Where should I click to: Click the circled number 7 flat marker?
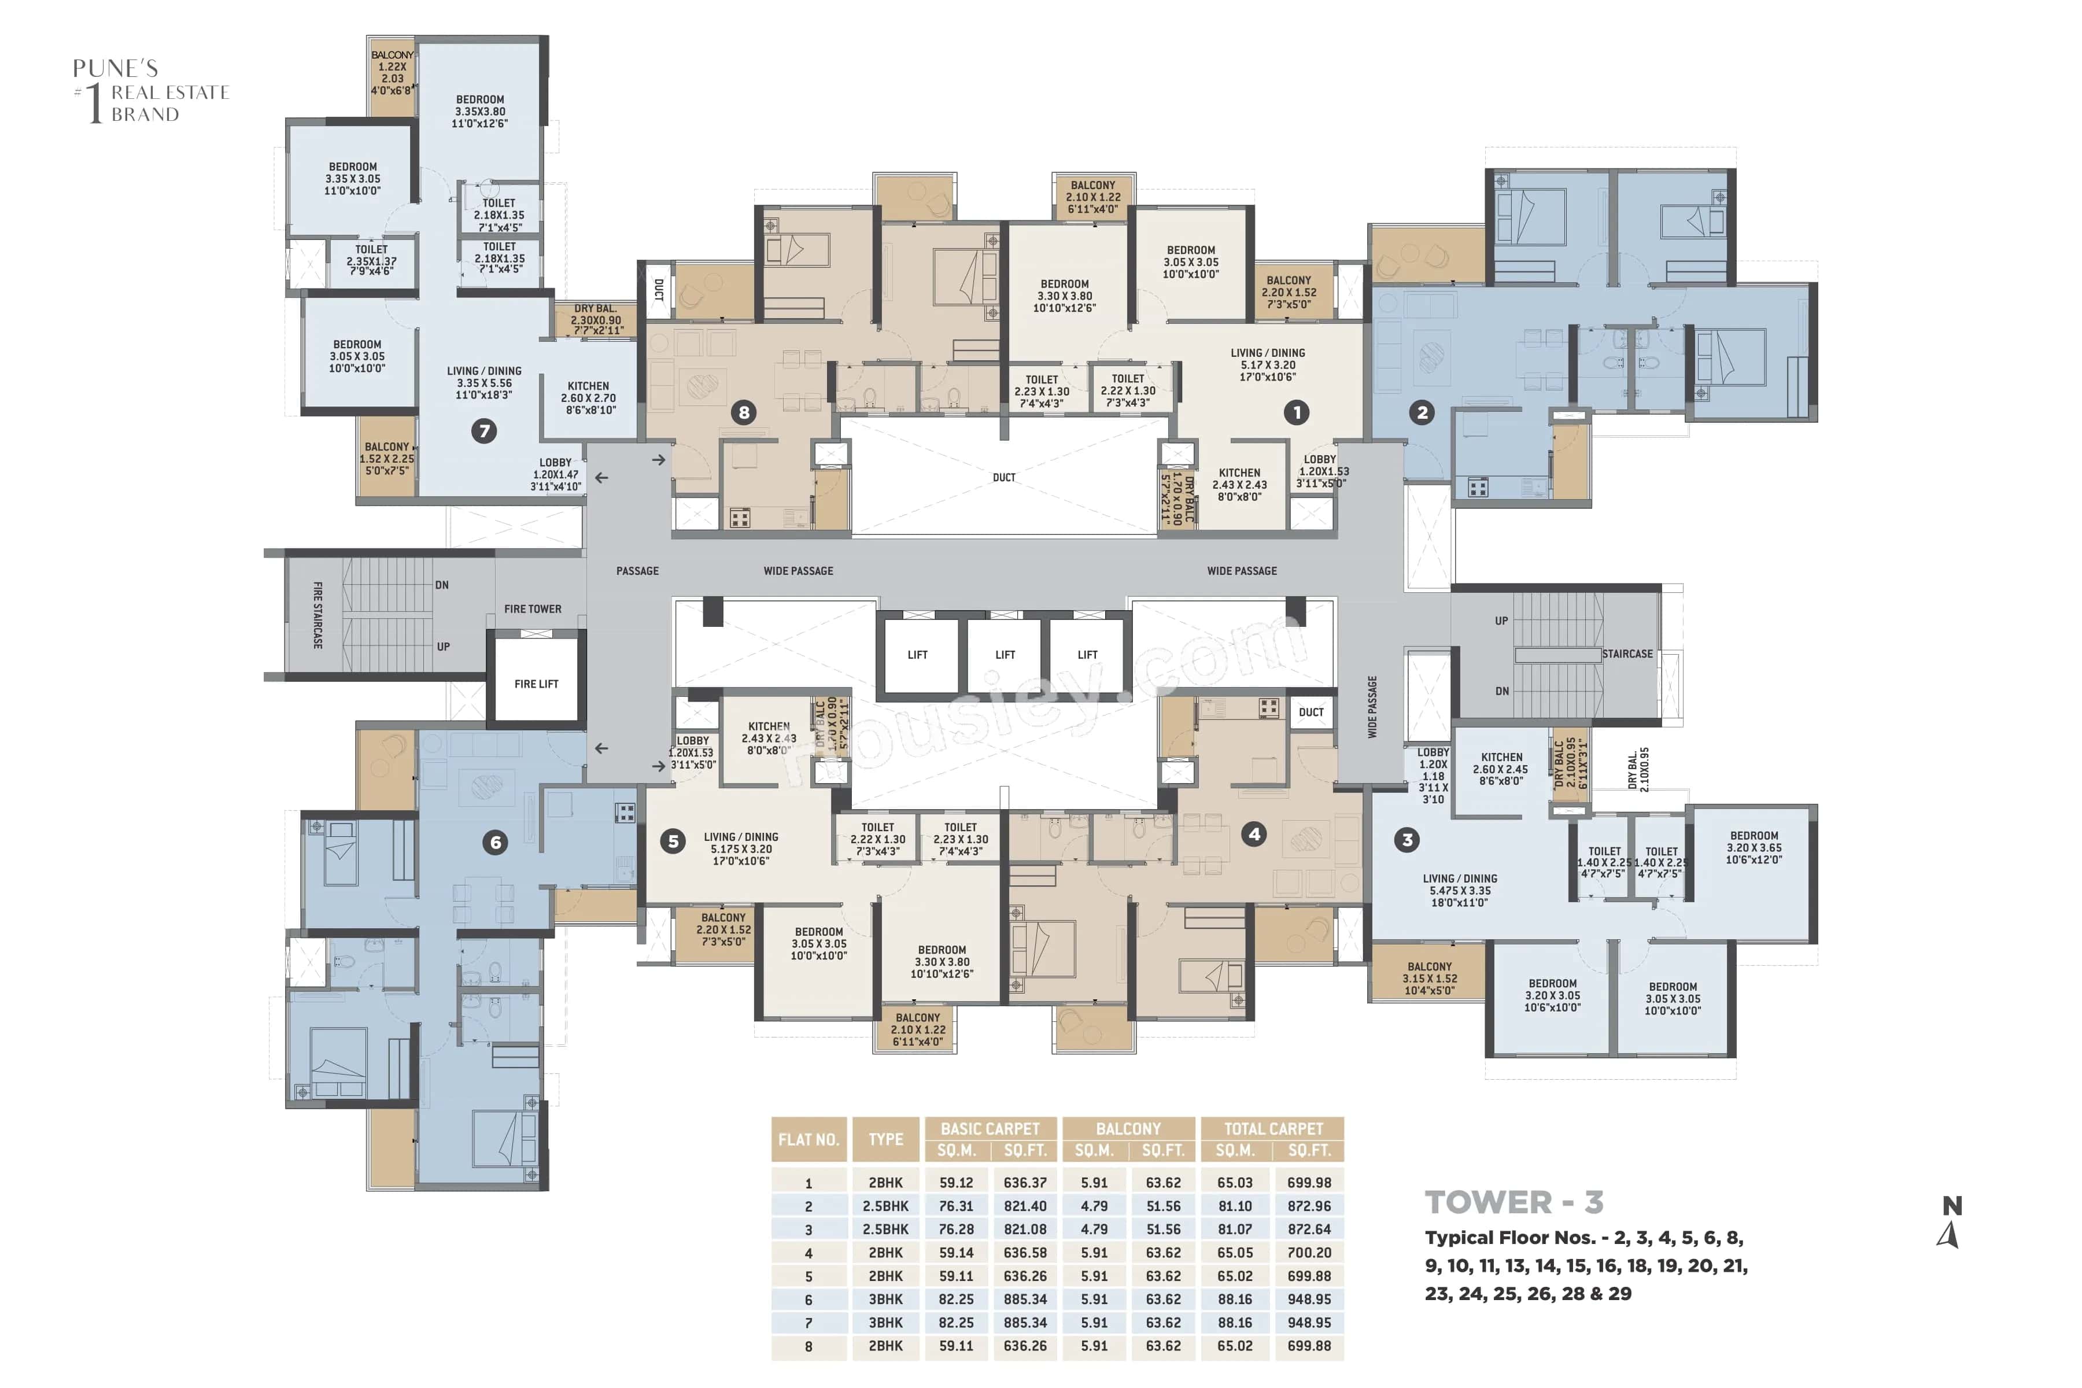tap(483, 431)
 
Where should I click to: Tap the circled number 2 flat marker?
tap(1422, 412)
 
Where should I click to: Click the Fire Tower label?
tap(532, 609)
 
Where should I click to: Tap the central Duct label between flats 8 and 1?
tap(1004, 477)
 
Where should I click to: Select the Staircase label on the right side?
tap(1627, 654)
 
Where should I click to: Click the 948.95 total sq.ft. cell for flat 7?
tap(1308, 1323)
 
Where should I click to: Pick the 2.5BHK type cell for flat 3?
tap(885, 1230)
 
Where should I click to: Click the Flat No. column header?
tap(808, 1139)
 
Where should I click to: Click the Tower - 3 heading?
tap(1513, 1202)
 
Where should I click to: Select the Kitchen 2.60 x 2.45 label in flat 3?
tap(1501, 769)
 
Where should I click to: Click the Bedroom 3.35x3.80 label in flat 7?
tap(480, 112)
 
